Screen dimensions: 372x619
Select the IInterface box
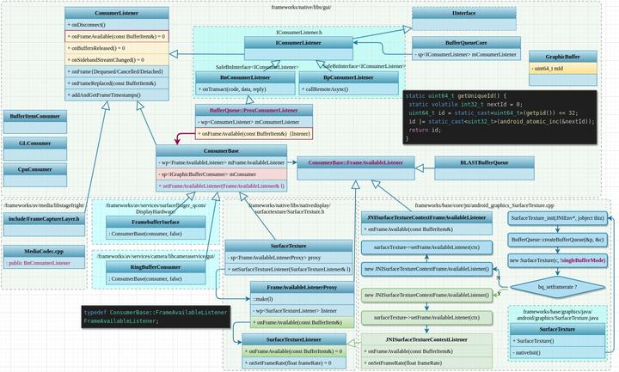coord(465,14)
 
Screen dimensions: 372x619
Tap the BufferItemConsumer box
coord(34,116)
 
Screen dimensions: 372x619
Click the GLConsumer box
coord(34,143)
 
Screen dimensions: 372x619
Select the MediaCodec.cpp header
coord(43,250)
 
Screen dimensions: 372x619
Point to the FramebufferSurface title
coord(144,222)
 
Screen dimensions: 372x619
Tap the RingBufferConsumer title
coord(144,267)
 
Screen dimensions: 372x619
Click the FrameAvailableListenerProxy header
coord(300,287)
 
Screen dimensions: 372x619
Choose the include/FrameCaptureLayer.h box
coord(43,219)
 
